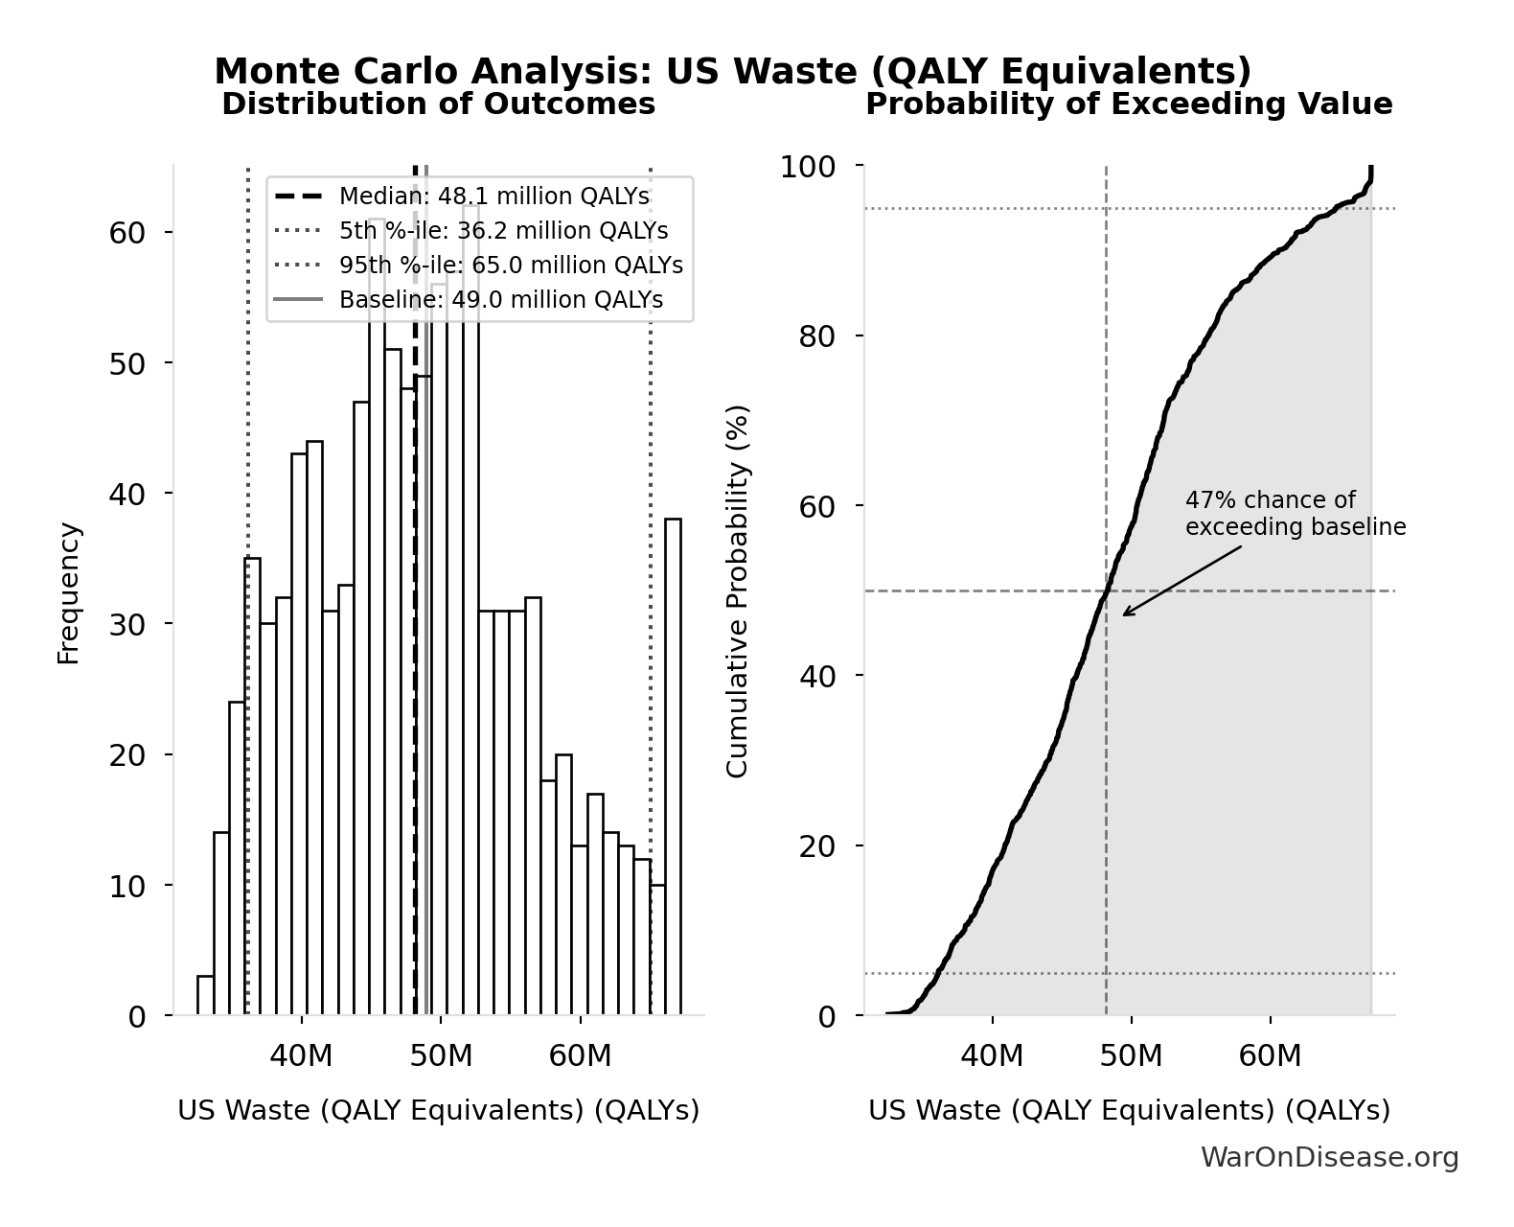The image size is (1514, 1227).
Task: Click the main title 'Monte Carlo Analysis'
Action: tap(732, 72)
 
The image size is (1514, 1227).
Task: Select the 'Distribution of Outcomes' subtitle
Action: tap(439, 104)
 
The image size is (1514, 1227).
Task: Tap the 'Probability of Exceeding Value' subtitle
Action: tap(1129, 104)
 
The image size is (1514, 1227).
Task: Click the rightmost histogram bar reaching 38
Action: tap(673, 767)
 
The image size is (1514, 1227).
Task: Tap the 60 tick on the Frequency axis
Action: tap(126, 233)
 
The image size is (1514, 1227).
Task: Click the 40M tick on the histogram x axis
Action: tap(301, 1056)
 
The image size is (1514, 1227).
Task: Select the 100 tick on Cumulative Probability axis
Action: tap(807, 167)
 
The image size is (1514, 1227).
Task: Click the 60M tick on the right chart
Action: tap(1271, 1056)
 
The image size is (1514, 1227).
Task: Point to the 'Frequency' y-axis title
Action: tap(69, 592)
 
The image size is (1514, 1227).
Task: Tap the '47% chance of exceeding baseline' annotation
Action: tap(1295, 514)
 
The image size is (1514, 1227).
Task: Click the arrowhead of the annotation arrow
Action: tap(1125, 614)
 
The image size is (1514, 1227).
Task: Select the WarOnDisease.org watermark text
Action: tap(1329, 1158)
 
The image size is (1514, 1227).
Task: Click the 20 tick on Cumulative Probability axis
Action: tap(817, 845)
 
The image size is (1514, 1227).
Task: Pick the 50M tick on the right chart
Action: tap(1132, 1056)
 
